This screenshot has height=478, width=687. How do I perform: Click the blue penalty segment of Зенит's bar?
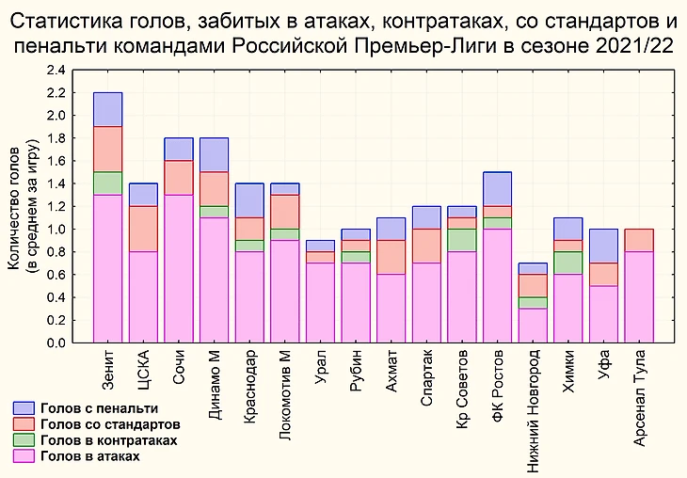pyautogui.click(x=108, y=109)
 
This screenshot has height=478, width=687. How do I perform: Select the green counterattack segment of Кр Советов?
pyautogui.click(x=462, y=240)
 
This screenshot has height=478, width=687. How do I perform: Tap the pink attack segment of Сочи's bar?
pyautogui.click(x=179, y=268)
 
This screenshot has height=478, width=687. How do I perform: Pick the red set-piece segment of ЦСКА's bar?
pyautogui.click(x=144, y=229)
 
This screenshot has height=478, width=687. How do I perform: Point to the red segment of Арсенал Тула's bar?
pyautogui.click(x=640, y=240)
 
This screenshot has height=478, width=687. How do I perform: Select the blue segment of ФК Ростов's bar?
pyautogui.click(x=498, y=189)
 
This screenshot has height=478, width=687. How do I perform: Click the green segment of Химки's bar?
pyautogui.click(x=568, y=263)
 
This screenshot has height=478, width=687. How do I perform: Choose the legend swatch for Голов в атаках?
pyautogui.click(x=24, y=456)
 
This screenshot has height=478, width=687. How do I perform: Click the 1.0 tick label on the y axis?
pyautogui.click(x=56, y=230)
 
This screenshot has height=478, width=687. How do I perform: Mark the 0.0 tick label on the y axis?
pyautogui.click(x=56, y=343)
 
